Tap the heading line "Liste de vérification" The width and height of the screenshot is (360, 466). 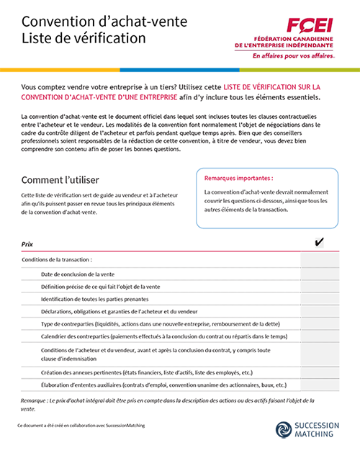pyautogui.click(x=84, y=38)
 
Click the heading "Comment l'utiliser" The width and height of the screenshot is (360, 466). pyautogui.click(x=60, y=179)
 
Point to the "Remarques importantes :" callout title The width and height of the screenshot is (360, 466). pyautogui.click(x=238, y=177)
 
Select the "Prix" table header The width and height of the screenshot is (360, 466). pyautogui.click(x=27, y=245)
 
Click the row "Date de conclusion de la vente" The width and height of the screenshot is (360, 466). pyautogui.click(x=78, y=274)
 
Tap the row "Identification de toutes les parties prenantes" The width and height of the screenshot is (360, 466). pyautogui.click(x=95, y=298)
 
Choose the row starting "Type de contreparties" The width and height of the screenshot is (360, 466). pyautogui.click(x=160, y=323)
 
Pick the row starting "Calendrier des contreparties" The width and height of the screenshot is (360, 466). pyautogui.click(x=164, y=336)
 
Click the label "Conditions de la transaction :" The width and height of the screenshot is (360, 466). pyautogui.click(x=57, y=259)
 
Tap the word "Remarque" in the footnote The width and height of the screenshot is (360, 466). pyautogui.click(x=35, y=399)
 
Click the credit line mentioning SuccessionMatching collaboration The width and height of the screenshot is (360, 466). pyautogui.click(x=81, y=426)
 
